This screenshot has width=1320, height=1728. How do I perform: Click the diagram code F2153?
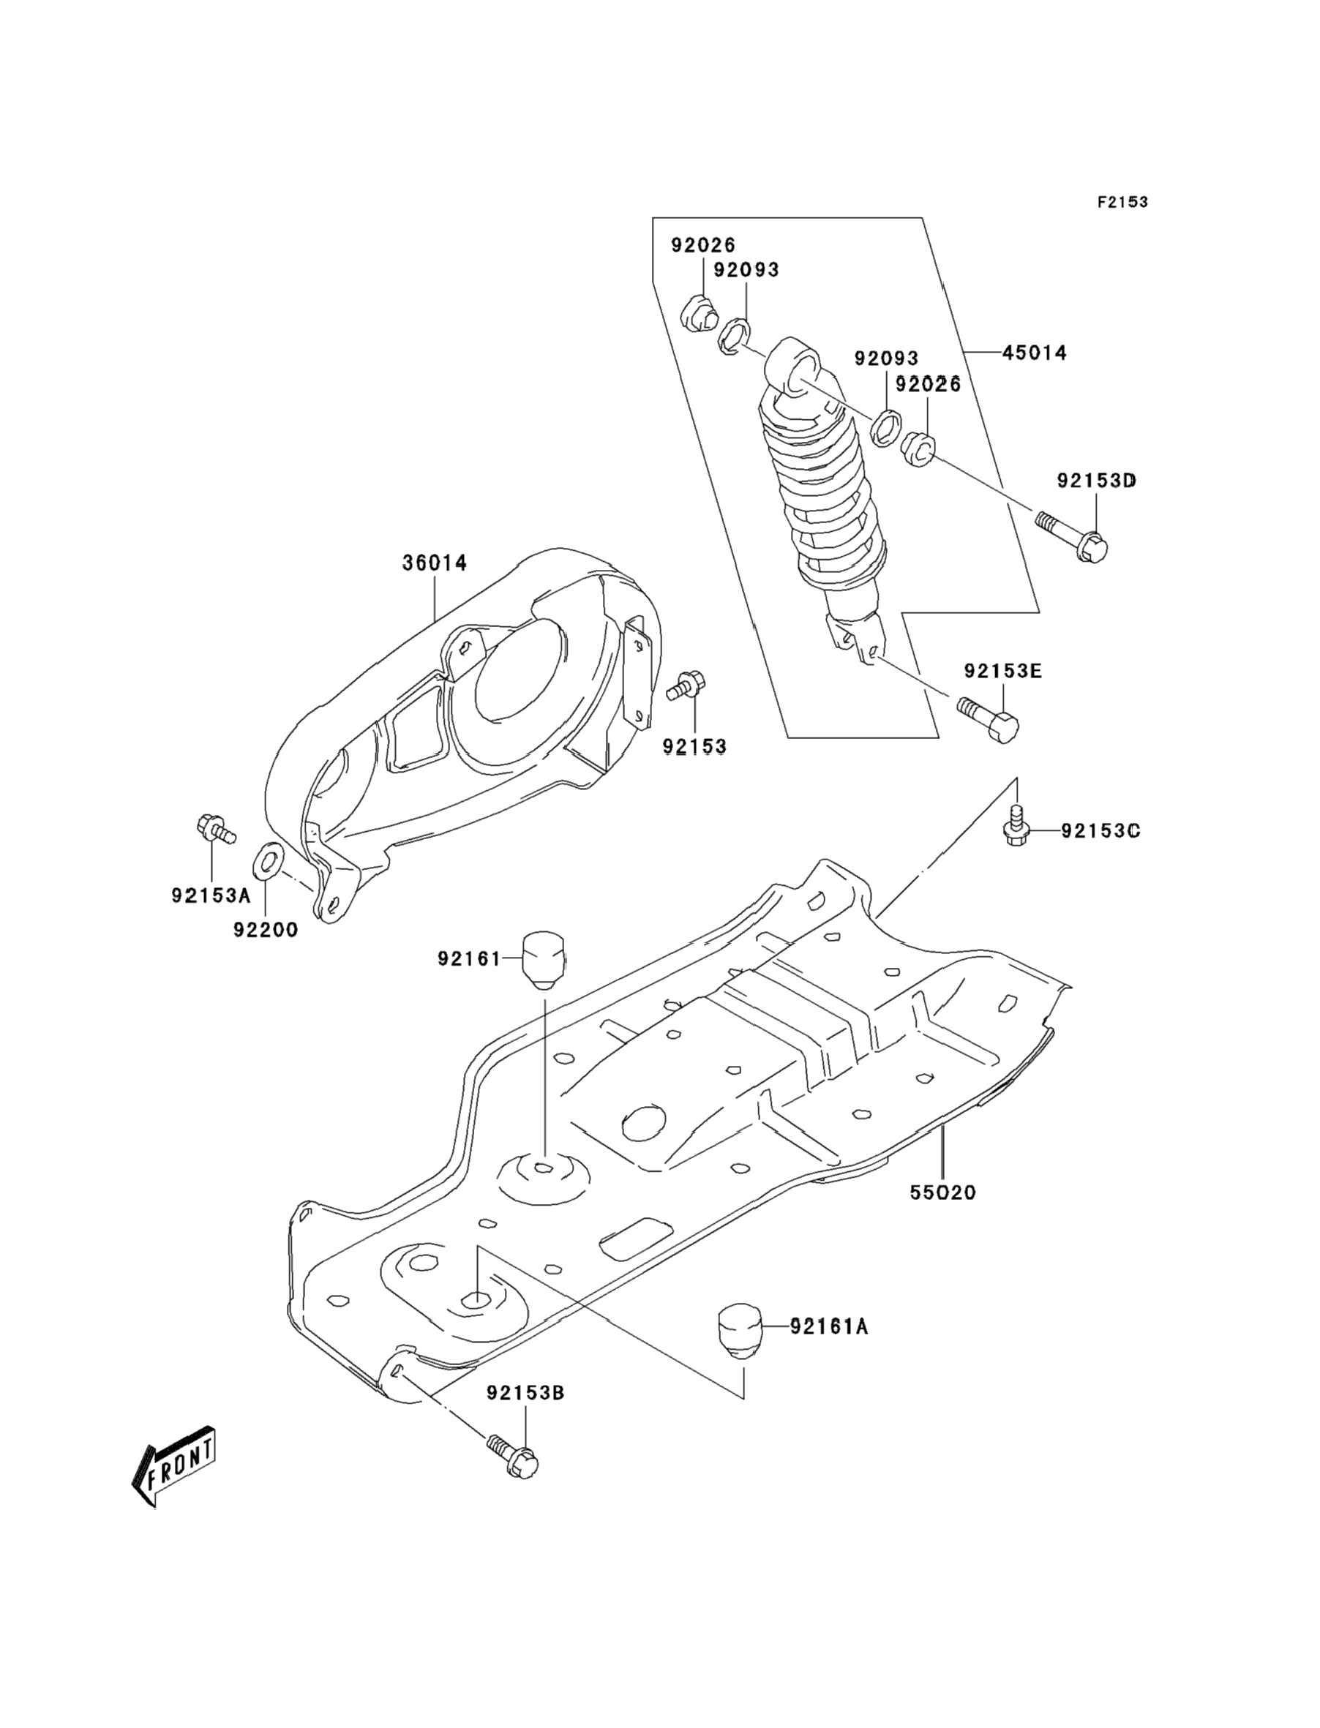[x=1122, y=203]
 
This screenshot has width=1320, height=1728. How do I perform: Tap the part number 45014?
[x=1034, y=353]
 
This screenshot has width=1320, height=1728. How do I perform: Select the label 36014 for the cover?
[x=435, y=563]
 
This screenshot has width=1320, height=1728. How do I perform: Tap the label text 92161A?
[x=830, y=1327]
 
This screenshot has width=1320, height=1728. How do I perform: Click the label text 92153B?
[x=525, y=1394]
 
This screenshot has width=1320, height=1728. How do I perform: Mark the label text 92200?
[x=266, y=930]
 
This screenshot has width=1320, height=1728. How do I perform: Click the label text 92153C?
[x=1100, y=830]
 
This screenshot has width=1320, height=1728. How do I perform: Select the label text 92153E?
[x=1003, y=671]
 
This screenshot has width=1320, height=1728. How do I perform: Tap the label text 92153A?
[x=211, y=895]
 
